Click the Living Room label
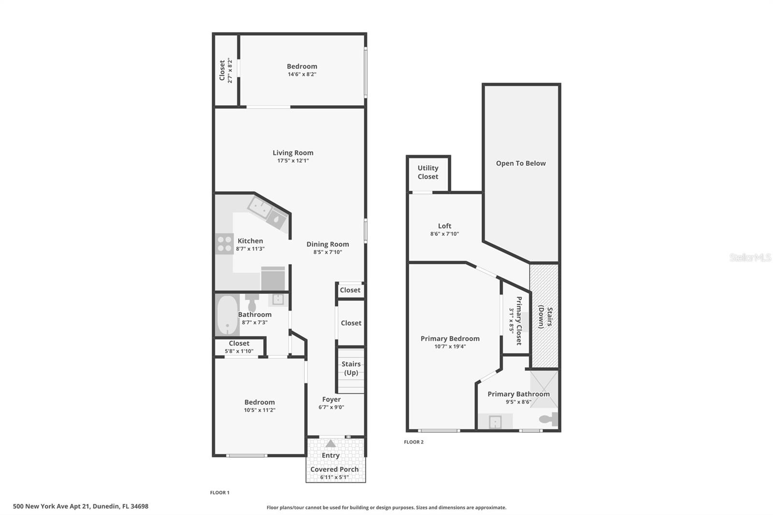point(293,153)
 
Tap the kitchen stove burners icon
point(225,244)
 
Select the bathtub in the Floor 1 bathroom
point(227,315)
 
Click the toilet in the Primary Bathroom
point(549,419)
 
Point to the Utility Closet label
point(428,172)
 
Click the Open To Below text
point(521,163)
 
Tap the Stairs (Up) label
point(351,368)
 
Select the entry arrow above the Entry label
point(330,443)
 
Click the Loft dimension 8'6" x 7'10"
point(444,234)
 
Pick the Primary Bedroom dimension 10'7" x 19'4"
point(450,346)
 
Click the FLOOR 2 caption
point(414,442)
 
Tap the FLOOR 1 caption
point(220,493)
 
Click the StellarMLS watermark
point(750,257)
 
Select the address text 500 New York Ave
point(81,507)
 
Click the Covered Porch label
point(334,470)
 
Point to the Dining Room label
point(328,244)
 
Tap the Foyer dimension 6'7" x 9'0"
point(331,407)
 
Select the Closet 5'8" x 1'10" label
point(239,343)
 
